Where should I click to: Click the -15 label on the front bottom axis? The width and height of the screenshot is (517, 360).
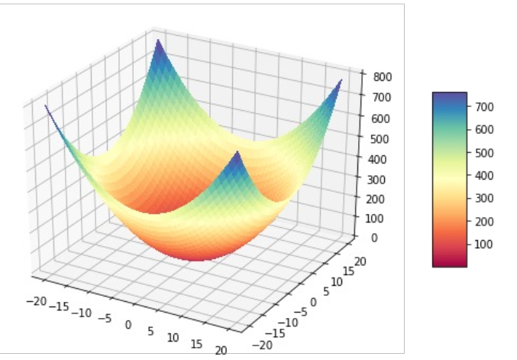point(58,306)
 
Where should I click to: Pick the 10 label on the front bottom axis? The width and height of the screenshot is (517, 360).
point(173,337)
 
